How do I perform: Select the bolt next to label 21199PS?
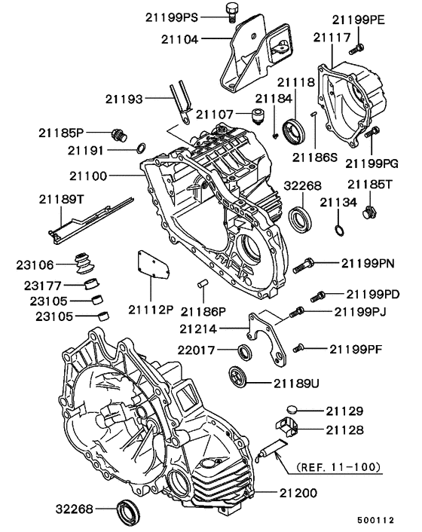[232, 11]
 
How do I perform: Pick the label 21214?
[200, 329]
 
